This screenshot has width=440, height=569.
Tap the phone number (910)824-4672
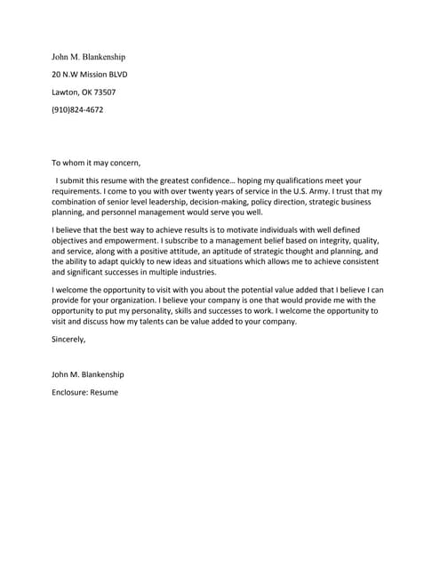tap(77, 110)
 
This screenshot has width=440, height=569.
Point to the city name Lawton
tap(65, 92)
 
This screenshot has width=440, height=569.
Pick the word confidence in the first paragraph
tap(222, 180)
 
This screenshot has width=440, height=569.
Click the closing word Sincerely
tap(68, 340)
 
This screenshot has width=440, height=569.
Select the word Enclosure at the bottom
tap(68, 392)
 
